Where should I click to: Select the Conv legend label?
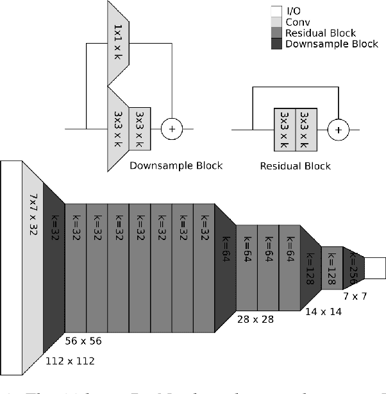(296, 22)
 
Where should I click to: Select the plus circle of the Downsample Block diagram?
(171, 128)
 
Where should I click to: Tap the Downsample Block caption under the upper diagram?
(176, 166)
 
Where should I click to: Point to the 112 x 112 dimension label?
(70, 361)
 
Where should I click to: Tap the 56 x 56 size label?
(83, 340)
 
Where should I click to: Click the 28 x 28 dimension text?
(255, 318)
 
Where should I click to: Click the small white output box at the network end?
(374, 268)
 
